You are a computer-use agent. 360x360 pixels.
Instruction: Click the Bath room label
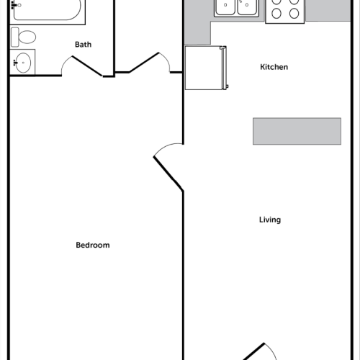click(x=84, y=45)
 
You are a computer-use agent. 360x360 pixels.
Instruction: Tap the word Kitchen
click(x=274, y=67)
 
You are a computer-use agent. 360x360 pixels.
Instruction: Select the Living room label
click(x=270, y=220)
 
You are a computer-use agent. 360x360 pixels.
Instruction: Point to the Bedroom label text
click(x=93, y=245)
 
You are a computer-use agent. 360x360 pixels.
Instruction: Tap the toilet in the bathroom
click(x=26, y=37)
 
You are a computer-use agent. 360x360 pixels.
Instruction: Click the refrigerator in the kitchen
click(x=206, y=68)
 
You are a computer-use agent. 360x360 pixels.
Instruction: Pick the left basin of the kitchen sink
click(x=225, y=7)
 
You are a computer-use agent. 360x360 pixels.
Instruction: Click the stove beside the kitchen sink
click(x=285, y=11)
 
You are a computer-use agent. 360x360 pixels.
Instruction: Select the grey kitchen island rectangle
click(x=297, y=131)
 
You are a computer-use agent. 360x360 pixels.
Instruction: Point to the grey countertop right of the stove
click(x=331, y=10)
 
